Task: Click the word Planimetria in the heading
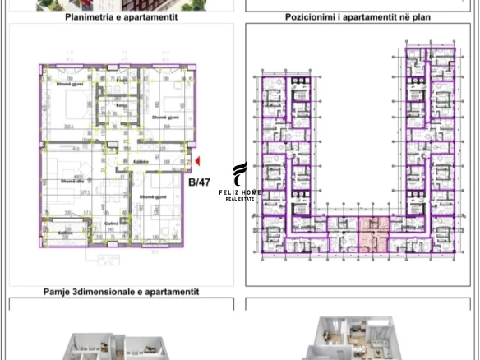(x=92, y=16)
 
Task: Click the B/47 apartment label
(x=199, y=182)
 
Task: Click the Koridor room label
(x=141, y=162)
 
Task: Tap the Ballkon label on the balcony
(x=65, y=233)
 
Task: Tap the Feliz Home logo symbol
(x=240, y=173)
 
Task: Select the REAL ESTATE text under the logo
(x=240, y=199)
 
